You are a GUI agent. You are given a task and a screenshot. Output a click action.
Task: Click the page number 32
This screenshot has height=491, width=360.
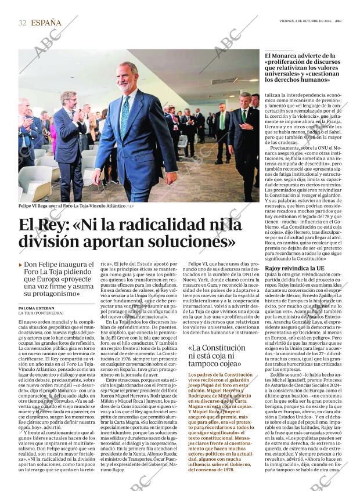click(x=23, y=23)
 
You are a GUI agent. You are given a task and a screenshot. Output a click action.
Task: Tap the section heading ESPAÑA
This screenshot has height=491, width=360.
click(x=46, y=23)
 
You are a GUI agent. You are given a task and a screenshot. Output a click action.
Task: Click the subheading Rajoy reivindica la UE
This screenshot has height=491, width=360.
click(x=294, y=269)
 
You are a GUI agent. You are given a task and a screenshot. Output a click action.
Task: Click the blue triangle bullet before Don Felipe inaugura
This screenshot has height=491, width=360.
click(x=21, y=265)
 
